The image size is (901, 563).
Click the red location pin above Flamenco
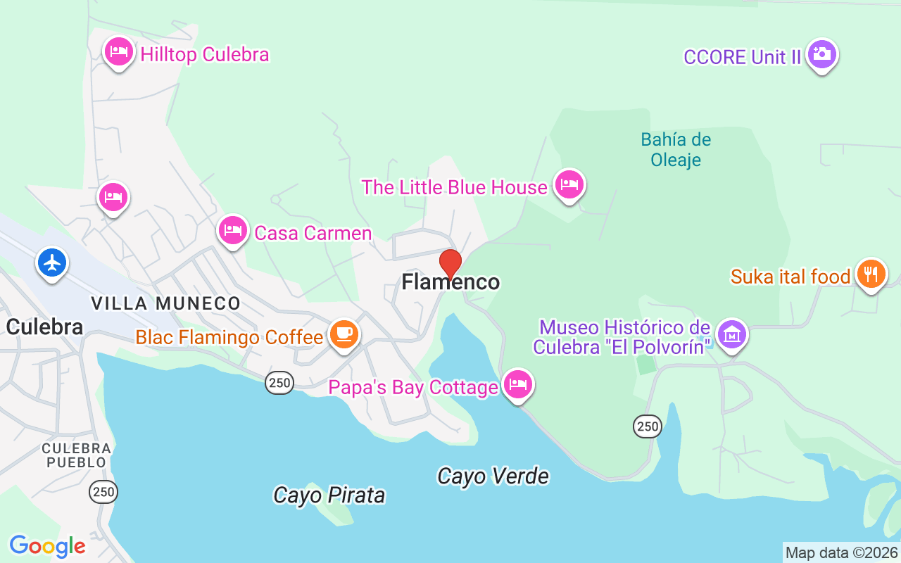tap(450, 263)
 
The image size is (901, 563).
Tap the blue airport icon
tap(52, 263)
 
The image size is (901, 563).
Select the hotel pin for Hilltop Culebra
tap(119, 52)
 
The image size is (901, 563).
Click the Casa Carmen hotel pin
tap(233, 230)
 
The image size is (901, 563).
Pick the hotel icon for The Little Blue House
tap(569, 185)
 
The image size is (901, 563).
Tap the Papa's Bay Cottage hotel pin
tap(518, 385)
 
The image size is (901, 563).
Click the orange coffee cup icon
tap(344, 334)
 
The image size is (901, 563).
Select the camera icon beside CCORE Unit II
tap(821, 54)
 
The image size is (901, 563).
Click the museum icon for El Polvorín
tap(732, 334)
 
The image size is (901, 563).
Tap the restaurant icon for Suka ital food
tap(871, 274)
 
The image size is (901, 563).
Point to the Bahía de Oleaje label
tap(676, 150)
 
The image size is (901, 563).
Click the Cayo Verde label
tap(493, 476)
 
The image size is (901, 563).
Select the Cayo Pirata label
tap(329, 495)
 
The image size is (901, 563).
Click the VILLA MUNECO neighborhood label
tap(165, 303)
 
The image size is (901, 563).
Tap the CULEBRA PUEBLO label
tap(76, 455)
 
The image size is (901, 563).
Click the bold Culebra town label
tap(44, 327)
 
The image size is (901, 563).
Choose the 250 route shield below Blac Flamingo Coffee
tap(279, 383)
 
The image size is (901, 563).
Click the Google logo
tap(47, 546)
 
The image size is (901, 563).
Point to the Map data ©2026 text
tap(841, 552)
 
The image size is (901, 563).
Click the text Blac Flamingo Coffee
tap(229, 337)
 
